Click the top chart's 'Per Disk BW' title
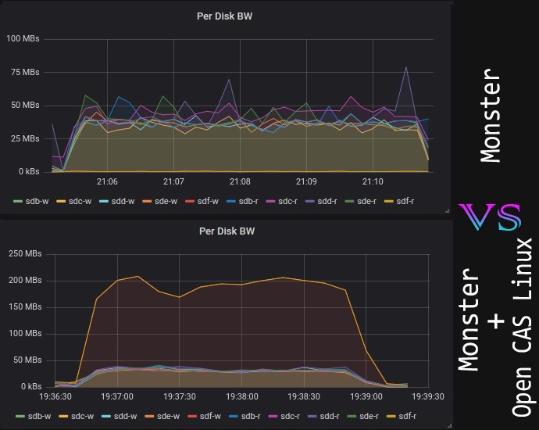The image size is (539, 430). click(x=226, y=15)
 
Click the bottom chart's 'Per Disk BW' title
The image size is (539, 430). click(x=226, y=231)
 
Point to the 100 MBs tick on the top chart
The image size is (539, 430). click(x=23, y=38)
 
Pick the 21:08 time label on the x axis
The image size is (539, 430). click(x=240, y=181)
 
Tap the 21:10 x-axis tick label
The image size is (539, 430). click(x=373, y=181)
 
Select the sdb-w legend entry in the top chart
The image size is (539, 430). click(x=31, y=201)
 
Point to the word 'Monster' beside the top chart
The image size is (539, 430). click(x=491, y=115)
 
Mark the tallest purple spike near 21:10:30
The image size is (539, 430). click(x=406, y=67)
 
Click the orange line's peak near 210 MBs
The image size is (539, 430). click(x=138, y=276)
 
